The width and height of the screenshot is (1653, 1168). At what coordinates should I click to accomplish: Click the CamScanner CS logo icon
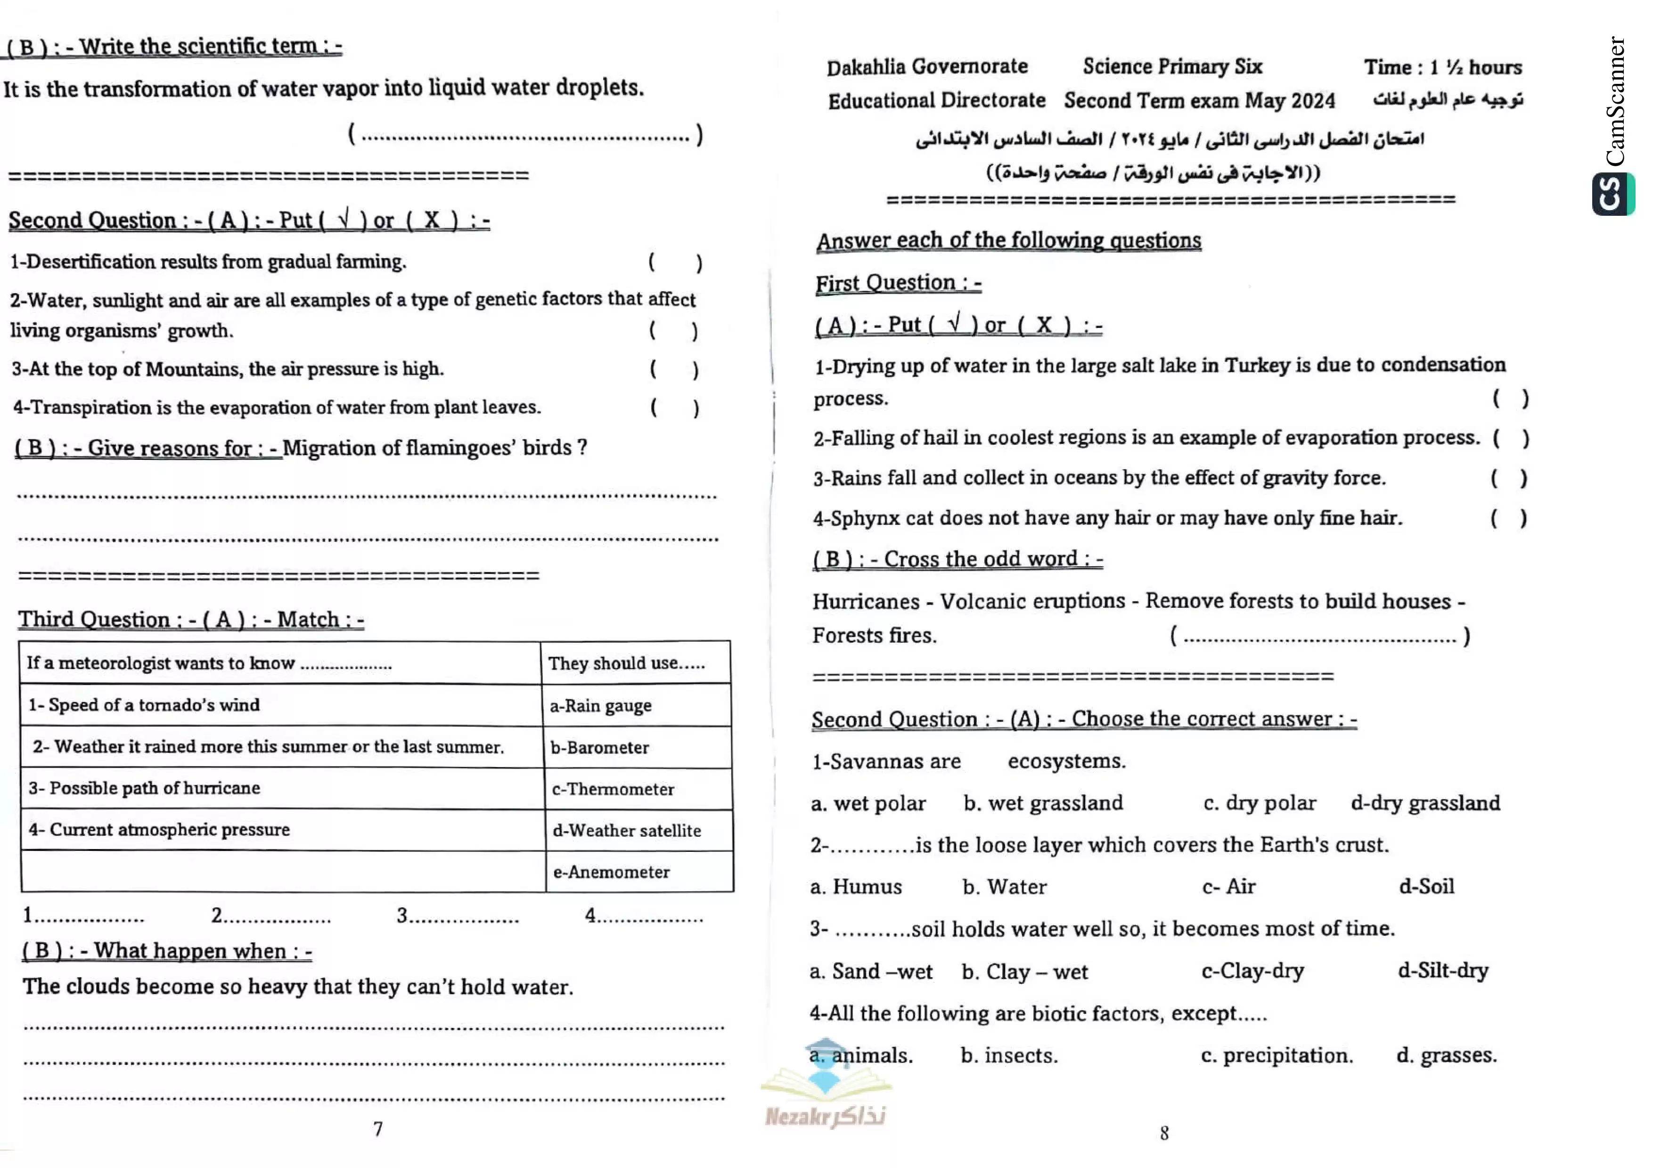[1612, 194]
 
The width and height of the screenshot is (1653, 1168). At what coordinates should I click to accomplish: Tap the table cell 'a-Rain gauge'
[600, 706]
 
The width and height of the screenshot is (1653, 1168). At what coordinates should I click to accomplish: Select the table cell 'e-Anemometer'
[611, 872]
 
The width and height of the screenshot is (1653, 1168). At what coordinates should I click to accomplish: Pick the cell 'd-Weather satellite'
[626, 831]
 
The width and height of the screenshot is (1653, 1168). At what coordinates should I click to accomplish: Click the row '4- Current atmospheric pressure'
[159, 830]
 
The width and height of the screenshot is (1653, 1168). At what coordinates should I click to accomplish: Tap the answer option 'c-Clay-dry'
[1253, 971]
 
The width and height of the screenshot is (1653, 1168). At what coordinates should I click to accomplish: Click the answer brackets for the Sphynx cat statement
[1508, 518]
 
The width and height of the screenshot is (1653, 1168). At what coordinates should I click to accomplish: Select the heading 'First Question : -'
[898, 283]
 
